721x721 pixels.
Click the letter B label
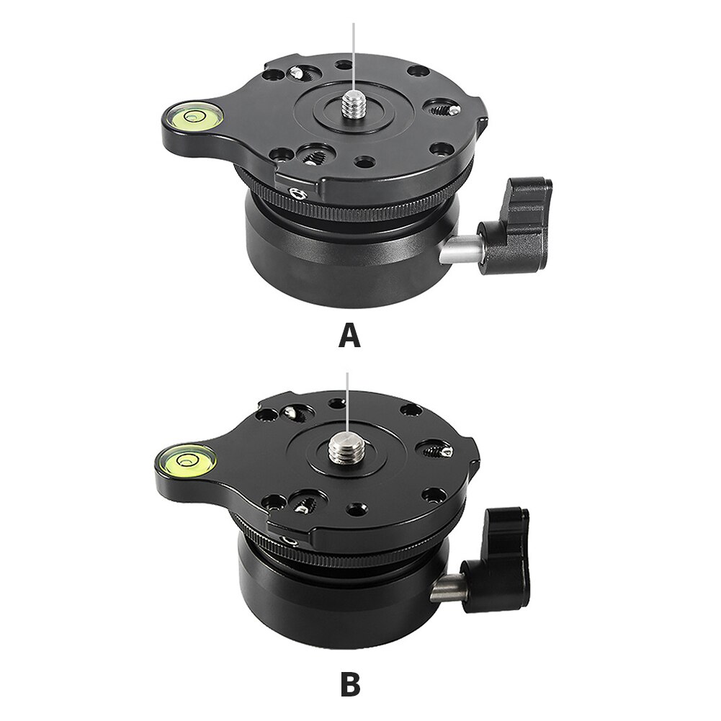coord(350,684)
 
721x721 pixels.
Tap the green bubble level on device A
coord(193,115)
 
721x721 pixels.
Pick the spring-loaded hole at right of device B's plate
coord(434,450)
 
